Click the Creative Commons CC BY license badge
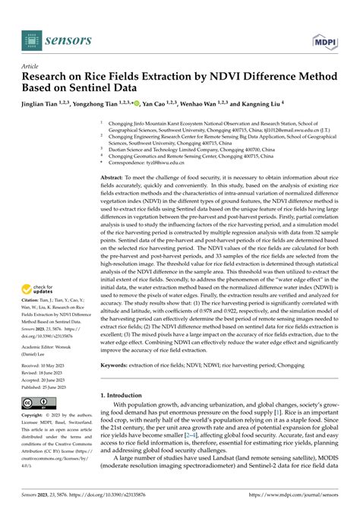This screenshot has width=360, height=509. tap(38, 403)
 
